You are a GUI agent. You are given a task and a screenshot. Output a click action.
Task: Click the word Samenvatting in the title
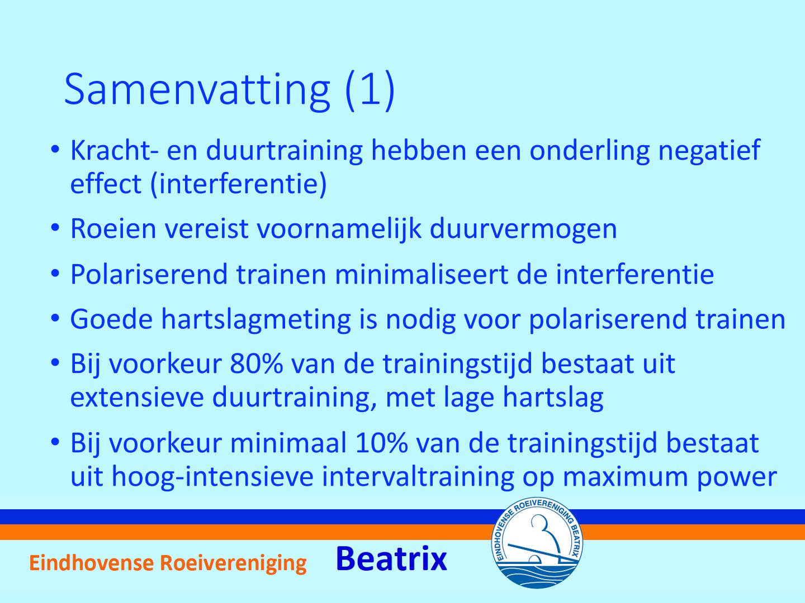point(197,92)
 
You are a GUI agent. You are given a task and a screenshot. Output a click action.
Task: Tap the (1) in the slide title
point(370,90)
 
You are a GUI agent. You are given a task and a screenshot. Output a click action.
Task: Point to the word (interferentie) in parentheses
point(238,184)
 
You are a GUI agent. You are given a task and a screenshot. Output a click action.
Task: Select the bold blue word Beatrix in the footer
point(391,559)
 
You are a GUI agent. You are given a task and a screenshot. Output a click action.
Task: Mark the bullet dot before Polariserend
point(55,273)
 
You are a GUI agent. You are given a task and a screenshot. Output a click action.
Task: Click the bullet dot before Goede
point(55,318)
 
